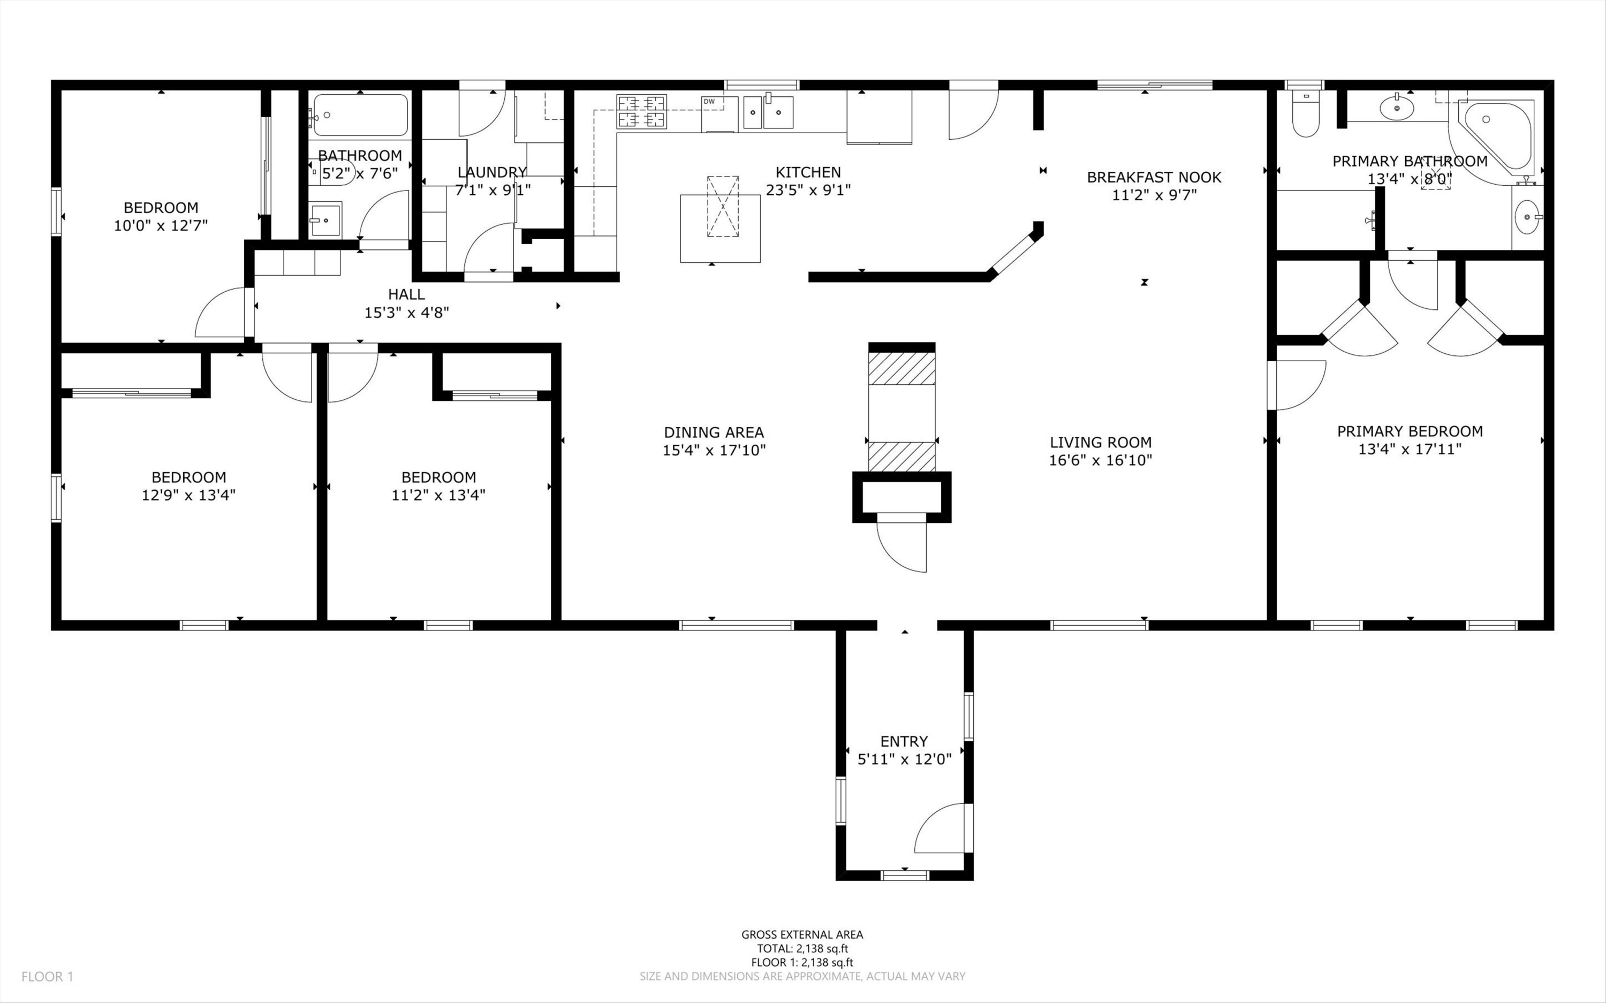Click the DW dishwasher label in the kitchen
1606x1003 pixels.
coord(709,102)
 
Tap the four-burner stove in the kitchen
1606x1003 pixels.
coord(641,111)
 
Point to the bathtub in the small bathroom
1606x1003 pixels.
coord(360,116)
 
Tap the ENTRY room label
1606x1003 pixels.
coord(904,741)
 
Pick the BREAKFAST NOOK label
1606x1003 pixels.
coord(1154,177)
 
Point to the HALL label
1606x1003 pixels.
coord(406,294)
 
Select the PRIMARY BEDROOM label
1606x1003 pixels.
coord(1410,431)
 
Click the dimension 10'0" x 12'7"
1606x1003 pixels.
coord(161,225)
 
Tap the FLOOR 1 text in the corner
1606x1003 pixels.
coord(47,976)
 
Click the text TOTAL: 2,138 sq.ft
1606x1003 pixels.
coord(802,948)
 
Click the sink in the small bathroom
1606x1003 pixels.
coord(325,219)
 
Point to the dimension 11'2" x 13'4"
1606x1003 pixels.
coord(438,495)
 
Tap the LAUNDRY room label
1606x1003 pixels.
coord(491,172)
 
